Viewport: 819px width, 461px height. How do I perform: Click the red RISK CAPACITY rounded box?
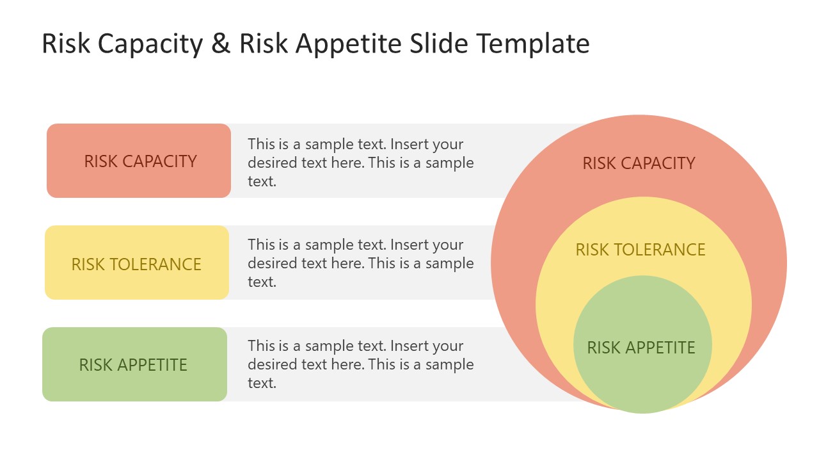point(139,161)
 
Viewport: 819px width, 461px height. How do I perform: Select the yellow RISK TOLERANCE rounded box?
point(137,263)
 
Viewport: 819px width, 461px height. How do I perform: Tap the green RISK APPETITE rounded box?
point(134,364)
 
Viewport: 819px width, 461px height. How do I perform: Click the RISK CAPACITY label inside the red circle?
point(639,163)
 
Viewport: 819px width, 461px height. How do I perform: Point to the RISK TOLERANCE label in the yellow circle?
point(640,250)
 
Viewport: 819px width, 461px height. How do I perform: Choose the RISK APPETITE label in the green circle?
point(641,348)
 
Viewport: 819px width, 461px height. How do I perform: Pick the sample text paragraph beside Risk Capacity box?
point(361,163)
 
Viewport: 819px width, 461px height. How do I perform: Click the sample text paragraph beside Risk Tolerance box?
point(361,263)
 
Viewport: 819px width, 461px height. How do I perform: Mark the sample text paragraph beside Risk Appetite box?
point(361,364)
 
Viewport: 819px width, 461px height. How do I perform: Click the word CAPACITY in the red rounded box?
point(159,161)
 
